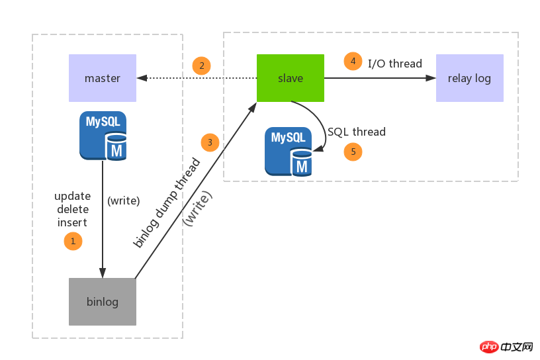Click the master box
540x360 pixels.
pos(103,78)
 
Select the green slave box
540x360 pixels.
pos(291,78)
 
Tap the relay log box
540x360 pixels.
pos(469,78)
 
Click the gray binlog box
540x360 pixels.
pos(103,302)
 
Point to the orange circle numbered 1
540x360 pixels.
pos(73,241)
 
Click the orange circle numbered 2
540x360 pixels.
pos(202,66)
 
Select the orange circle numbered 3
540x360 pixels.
pos(210,142)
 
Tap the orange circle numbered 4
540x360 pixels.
pos(353,61)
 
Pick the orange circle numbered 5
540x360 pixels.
pos(353,152)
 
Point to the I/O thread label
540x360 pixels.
pos(395,64)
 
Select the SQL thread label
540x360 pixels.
pos(357,132)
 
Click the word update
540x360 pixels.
pos(73,197)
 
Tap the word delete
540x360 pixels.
pos(73,209)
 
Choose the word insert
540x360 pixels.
pos(73,222)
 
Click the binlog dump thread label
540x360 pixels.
pos(167,202)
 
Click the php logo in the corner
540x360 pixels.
pos(490,346)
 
